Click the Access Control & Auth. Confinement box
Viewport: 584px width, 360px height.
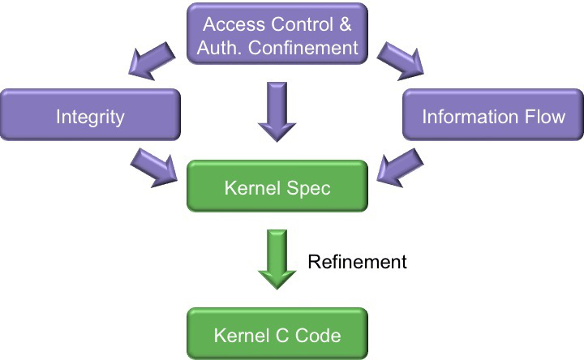(x=277, y=36)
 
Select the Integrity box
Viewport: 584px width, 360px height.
(x=90, y=116)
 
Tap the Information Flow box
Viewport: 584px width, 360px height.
(x=493, y=116)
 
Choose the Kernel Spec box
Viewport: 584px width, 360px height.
(x=277, y=188)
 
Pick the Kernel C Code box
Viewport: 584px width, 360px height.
(x=277, y=334)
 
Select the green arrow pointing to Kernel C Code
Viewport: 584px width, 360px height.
(x=277, y=258)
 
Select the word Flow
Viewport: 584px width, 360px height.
(x=544, y=116)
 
